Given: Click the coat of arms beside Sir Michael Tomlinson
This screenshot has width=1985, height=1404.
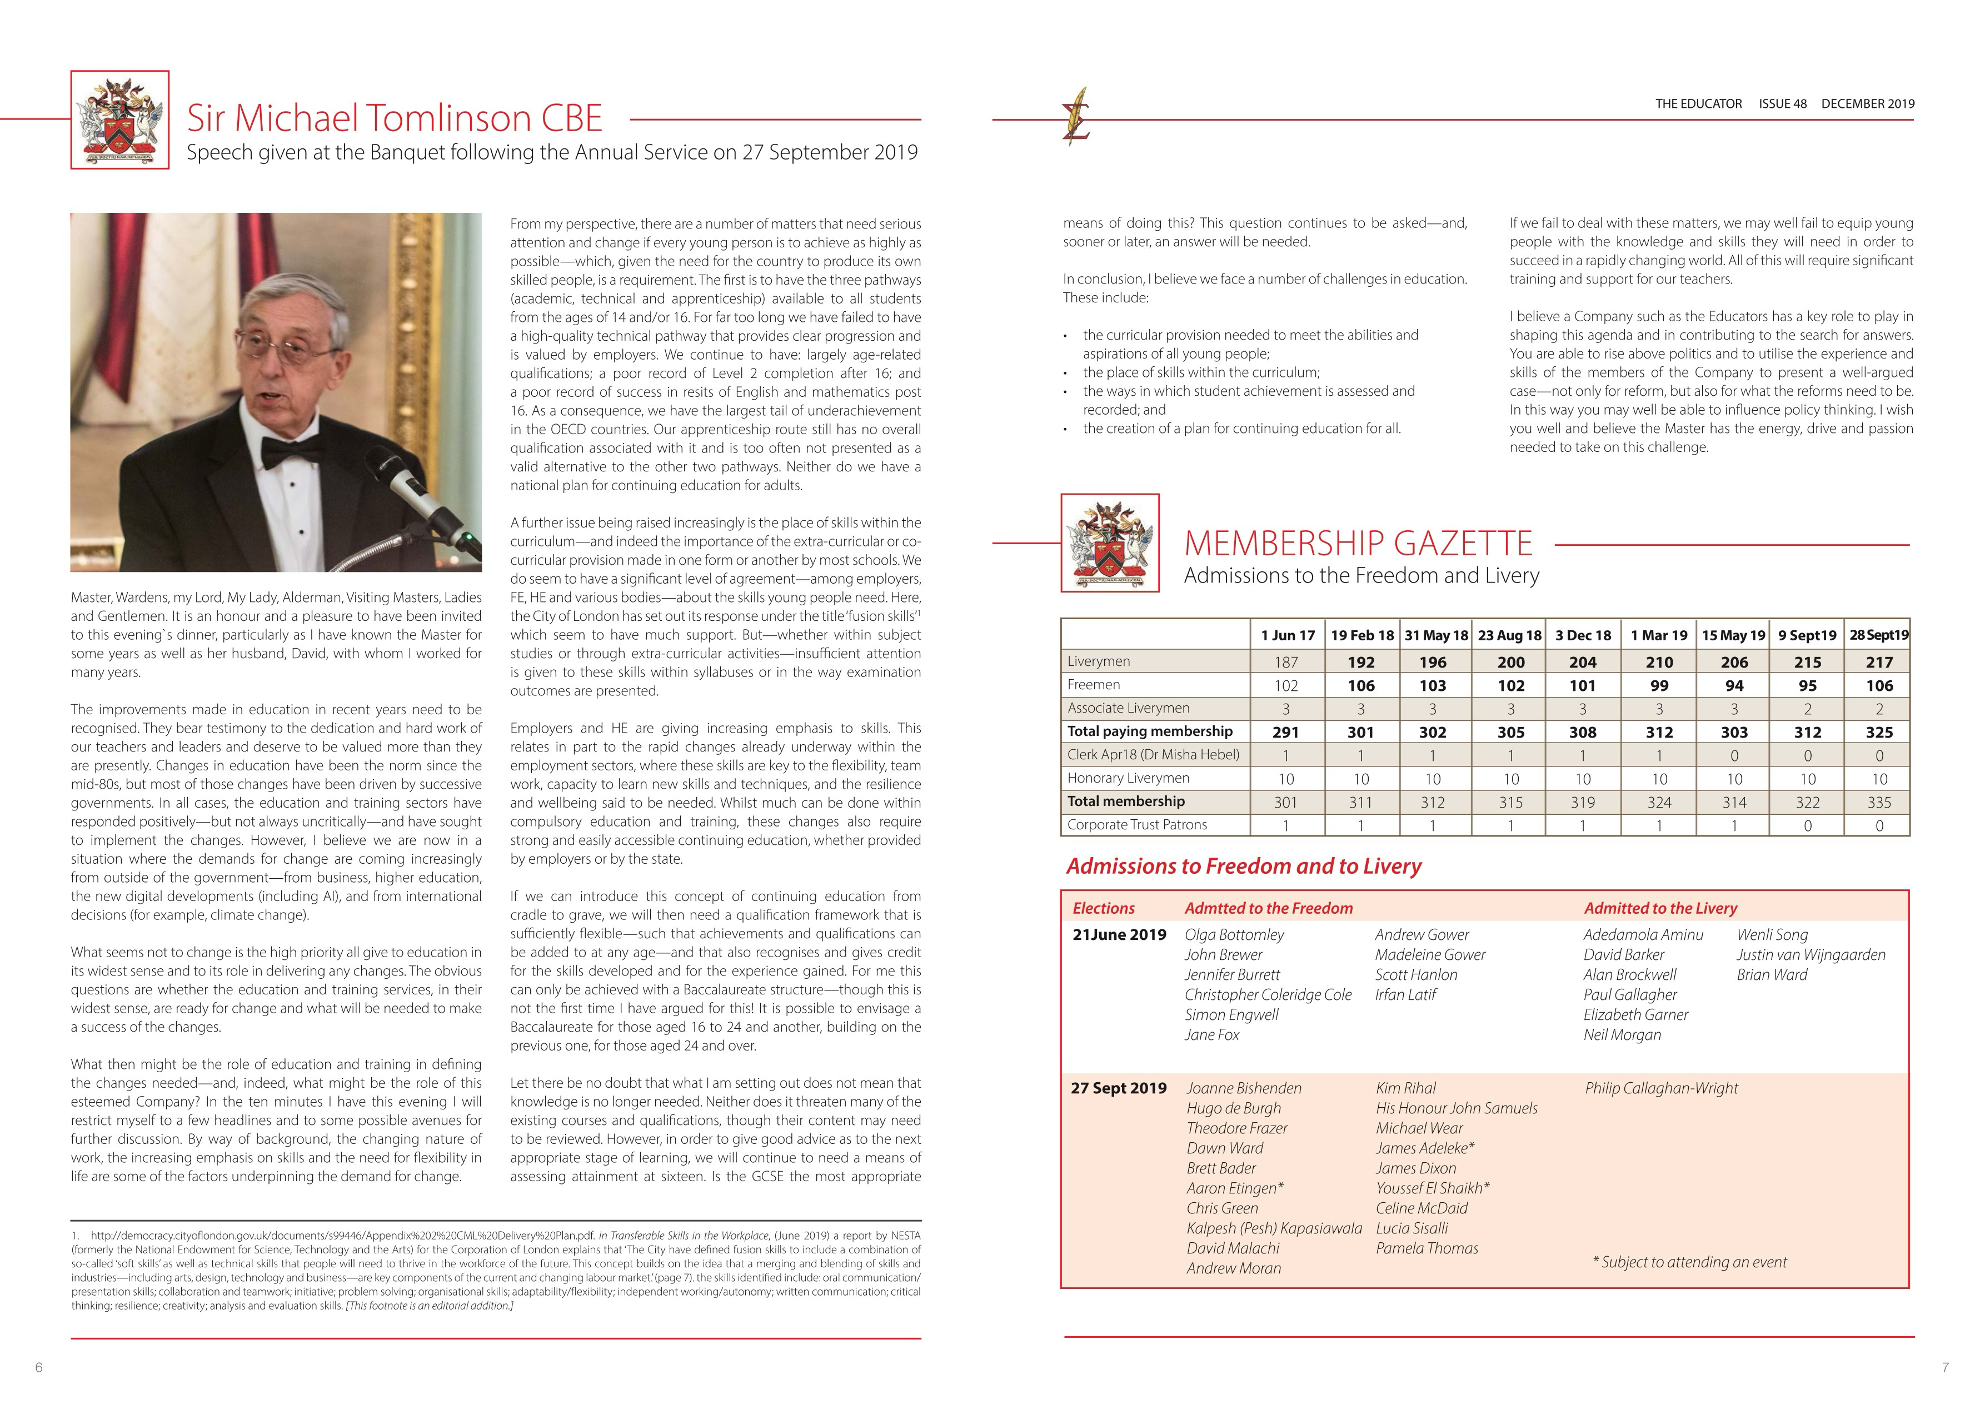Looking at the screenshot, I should pos(120,120).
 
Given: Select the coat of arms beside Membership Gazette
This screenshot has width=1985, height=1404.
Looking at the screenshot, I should pos(1110,544).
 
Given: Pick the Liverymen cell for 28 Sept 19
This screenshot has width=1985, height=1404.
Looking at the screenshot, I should pos(1879,662).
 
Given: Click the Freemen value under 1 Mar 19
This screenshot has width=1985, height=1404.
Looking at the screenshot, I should pos(1658,685).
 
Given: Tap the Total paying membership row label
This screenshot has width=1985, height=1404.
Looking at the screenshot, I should pos(1150,731).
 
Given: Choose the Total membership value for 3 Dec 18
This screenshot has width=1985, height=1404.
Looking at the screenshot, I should pos(1582,802).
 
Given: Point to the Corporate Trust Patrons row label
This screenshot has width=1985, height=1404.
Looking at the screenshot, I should pos(1137,825).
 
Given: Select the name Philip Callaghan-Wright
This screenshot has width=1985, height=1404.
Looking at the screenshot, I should pos(1661,1088).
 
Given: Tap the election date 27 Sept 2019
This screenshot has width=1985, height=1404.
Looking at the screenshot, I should pos(1119,1088).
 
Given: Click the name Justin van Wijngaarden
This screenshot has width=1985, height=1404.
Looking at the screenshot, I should pos(1811,954).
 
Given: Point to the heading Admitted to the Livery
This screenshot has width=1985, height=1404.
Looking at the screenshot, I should pos(1660,909).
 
